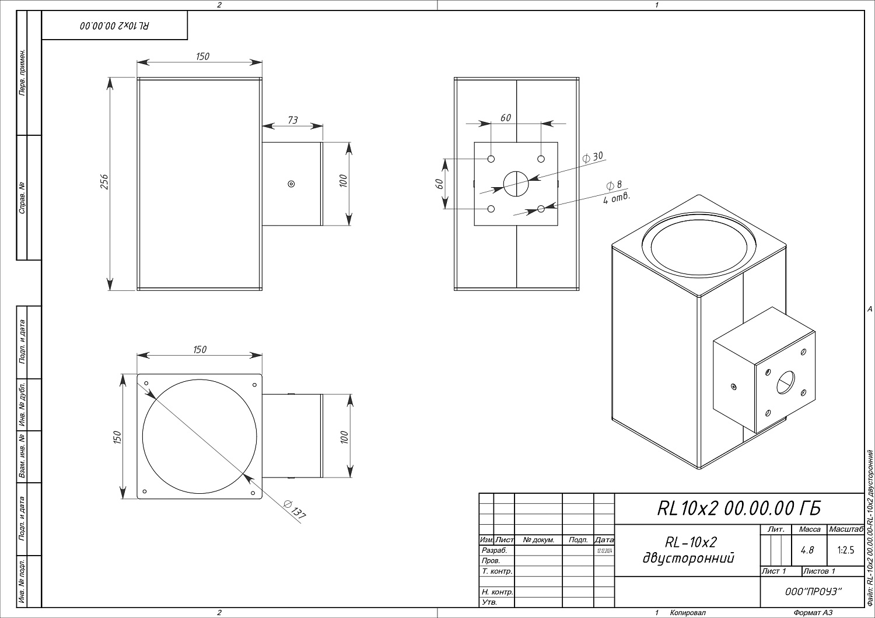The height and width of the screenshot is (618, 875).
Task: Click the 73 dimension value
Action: coord(293,120)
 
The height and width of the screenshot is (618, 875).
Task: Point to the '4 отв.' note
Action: coord(617,197)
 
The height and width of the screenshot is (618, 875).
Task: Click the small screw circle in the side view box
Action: coord(291,184)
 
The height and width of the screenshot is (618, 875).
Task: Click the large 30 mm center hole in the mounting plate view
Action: coord(516,184)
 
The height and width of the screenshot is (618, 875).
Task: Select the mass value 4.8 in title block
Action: coord(808,550)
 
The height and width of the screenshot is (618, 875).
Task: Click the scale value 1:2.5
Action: coord(845,550)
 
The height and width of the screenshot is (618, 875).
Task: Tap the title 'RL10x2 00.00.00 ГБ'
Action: coord(738,508)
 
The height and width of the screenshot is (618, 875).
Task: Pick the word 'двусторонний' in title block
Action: coord(688,558)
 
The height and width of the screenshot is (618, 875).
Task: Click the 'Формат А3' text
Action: coord(813,613)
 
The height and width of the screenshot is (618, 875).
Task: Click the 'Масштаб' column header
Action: coord(845,529)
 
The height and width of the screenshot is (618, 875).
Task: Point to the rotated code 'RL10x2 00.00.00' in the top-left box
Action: coord(114,26)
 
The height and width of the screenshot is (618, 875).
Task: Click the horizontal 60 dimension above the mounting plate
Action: coord(505,118)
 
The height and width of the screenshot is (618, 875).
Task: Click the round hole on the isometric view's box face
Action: coord(785,382)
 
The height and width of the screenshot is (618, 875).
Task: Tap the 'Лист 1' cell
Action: coord(774,571)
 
